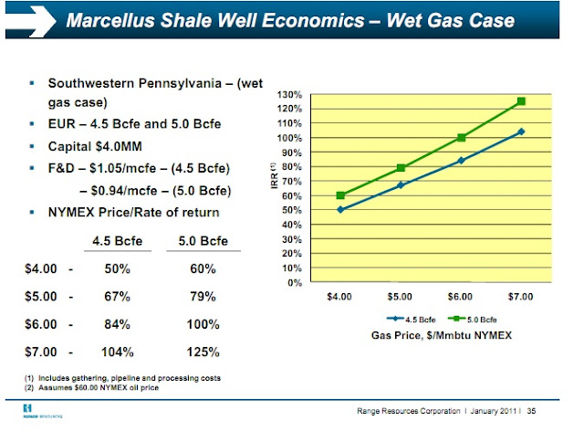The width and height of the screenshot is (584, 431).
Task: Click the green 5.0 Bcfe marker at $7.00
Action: (x=521, y=101)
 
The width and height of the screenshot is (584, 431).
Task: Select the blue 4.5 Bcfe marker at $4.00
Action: (x=340, y=210)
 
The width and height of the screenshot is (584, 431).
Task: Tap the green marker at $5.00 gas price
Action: (x=401, y=168)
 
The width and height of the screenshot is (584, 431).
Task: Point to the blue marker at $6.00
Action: (x=461, y=161)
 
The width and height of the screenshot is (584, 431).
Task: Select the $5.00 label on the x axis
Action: (x=400, y=298)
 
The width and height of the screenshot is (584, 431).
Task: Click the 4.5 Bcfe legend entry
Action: (x=416, y=320)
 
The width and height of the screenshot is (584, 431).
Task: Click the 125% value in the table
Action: (x=202, y=352)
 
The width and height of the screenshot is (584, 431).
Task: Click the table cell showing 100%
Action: (x=202, y=324)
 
